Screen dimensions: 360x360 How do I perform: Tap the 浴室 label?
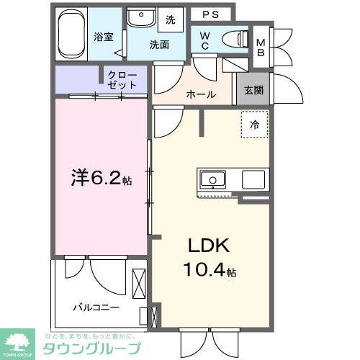[x=104, y=37]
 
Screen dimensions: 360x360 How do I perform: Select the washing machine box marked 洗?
[x=171, y=19]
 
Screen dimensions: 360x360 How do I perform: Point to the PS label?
[x=210, y=14]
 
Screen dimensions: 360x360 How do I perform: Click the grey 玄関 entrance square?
[x=252, y=90]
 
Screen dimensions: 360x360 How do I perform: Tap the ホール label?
[x=201, y=94]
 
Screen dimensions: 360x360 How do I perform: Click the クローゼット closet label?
[x=122, y=79]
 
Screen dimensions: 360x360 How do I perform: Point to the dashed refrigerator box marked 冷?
[x=253, y=125]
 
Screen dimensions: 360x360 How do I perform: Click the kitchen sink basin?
[x=214, y=179]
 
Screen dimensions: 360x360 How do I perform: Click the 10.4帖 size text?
[x=210, y=272]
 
